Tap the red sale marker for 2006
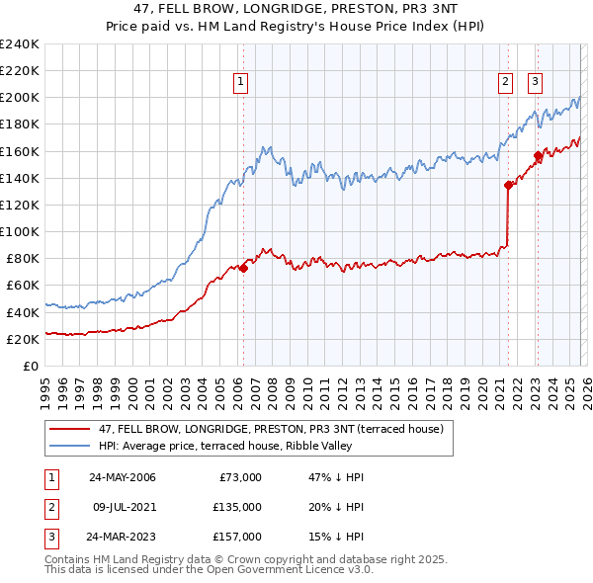point(243,268)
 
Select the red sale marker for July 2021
point(508,185)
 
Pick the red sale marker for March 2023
point(538,155)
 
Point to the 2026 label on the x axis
point(585,386)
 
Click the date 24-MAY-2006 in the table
point(122,477)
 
